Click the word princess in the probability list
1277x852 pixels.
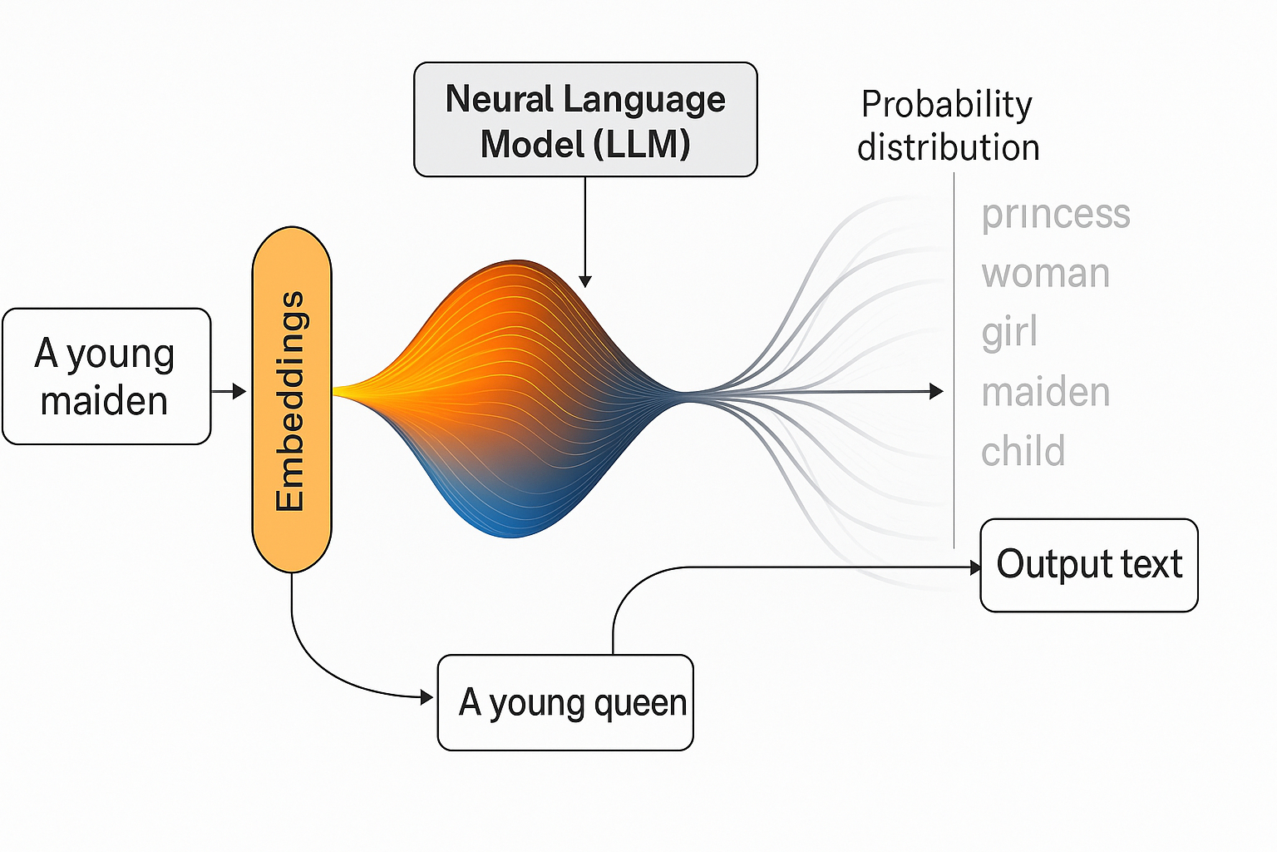1055,215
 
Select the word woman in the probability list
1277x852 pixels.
1045,274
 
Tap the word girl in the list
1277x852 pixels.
1009,333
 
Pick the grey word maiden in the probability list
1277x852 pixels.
1045,392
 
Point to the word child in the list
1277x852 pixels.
1023,452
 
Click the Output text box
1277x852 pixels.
1089,565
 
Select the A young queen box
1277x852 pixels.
565,702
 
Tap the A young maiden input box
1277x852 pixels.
106,376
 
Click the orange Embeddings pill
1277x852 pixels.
292,399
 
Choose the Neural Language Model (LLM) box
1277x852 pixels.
585,120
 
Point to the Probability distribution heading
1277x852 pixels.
948,126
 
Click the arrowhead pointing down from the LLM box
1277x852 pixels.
585,281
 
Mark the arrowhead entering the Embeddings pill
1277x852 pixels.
240,391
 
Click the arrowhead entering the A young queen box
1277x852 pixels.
427,697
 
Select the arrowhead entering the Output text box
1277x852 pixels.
975,567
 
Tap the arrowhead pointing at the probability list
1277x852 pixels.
937,391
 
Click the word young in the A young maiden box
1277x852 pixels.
121,354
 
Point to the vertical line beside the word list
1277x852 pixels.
954,358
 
